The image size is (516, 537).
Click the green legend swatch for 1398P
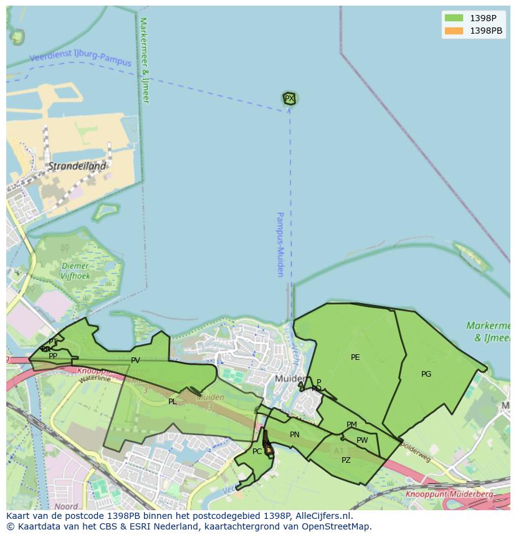pos(454,18)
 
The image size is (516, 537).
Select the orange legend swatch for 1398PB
pos(454,31)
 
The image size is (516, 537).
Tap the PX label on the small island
pos(289,99)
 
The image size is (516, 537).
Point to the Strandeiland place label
pos(77,167)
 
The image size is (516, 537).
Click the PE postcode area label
pos(355,357)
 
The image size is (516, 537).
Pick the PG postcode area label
pos(426,374)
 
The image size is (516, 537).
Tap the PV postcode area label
pos(135,360)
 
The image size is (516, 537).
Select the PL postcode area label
pos(173,402)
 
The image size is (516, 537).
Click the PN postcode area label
pos(295,435)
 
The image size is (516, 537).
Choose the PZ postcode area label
pos(346,460)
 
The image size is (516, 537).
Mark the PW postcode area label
pos(362,440)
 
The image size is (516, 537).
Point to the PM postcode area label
pos(351,425)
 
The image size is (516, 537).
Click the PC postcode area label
pos(257,452)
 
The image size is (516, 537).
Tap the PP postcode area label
pos(53,356)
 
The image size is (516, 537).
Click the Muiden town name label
pos(290,379)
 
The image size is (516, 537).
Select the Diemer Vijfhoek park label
pos(76,271)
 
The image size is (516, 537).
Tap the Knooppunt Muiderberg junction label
pos(449,494)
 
